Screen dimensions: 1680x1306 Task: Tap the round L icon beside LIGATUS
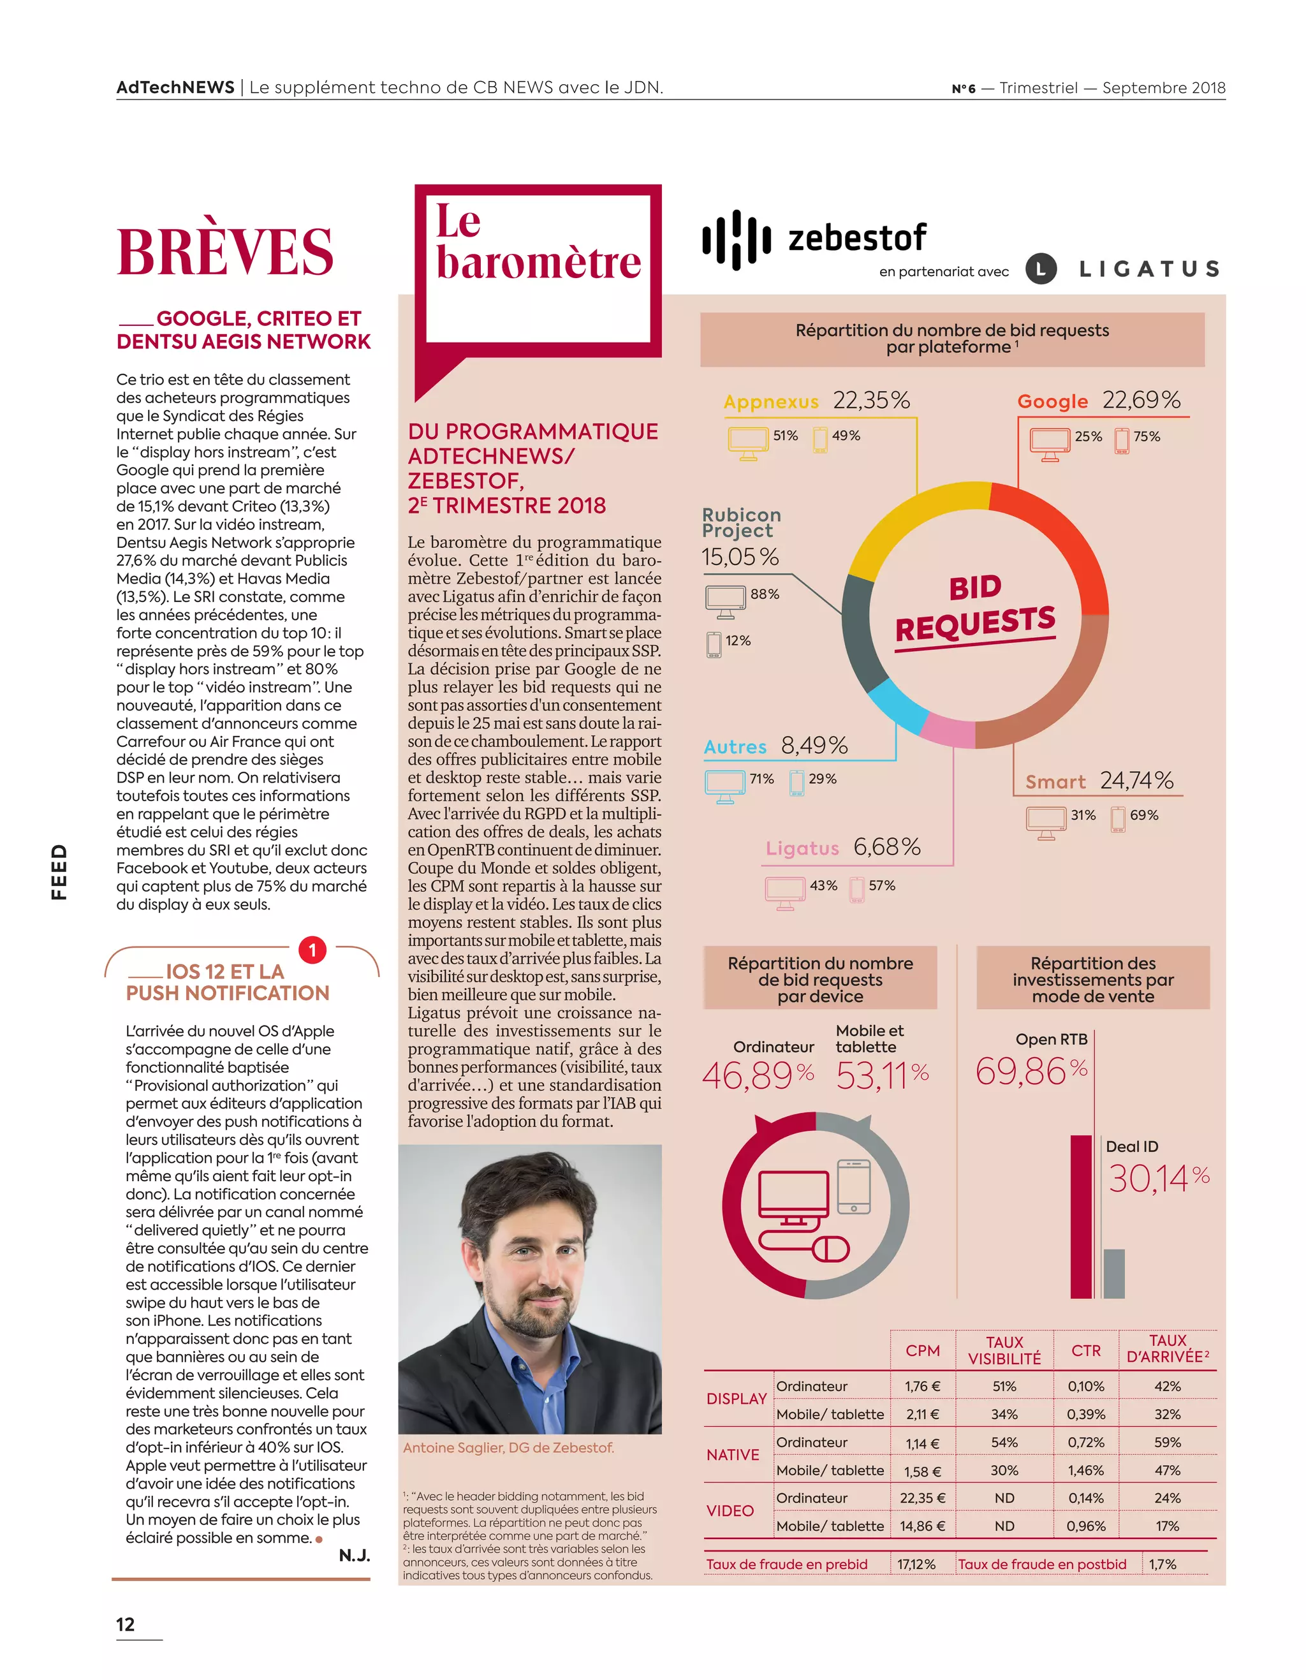coord(1041,269)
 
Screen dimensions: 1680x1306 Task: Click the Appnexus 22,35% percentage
coord(872,401)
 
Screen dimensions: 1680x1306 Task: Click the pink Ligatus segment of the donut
coord(948,731)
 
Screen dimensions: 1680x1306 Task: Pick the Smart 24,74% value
coord(1136,781)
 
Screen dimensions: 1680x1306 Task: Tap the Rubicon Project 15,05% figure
coord(740,557)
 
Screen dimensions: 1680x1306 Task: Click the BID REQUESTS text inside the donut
coord(975,609)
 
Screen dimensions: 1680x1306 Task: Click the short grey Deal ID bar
coord(1113,1274)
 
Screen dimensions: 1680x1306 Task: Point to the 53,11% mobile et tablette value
coord(882,1075)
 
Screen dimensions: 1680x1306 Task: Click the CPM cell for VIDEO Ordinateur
coord(922,1498)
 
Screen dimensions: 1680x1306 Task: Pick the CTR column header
coord(1085,1351)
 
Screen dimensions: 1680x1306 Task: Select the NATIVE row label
coord(732,1455)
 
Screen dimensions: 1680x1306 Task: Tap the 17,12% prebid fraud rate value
coord(916,1565)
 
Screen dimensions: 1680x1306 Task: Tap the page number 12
coord(126,1625)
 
